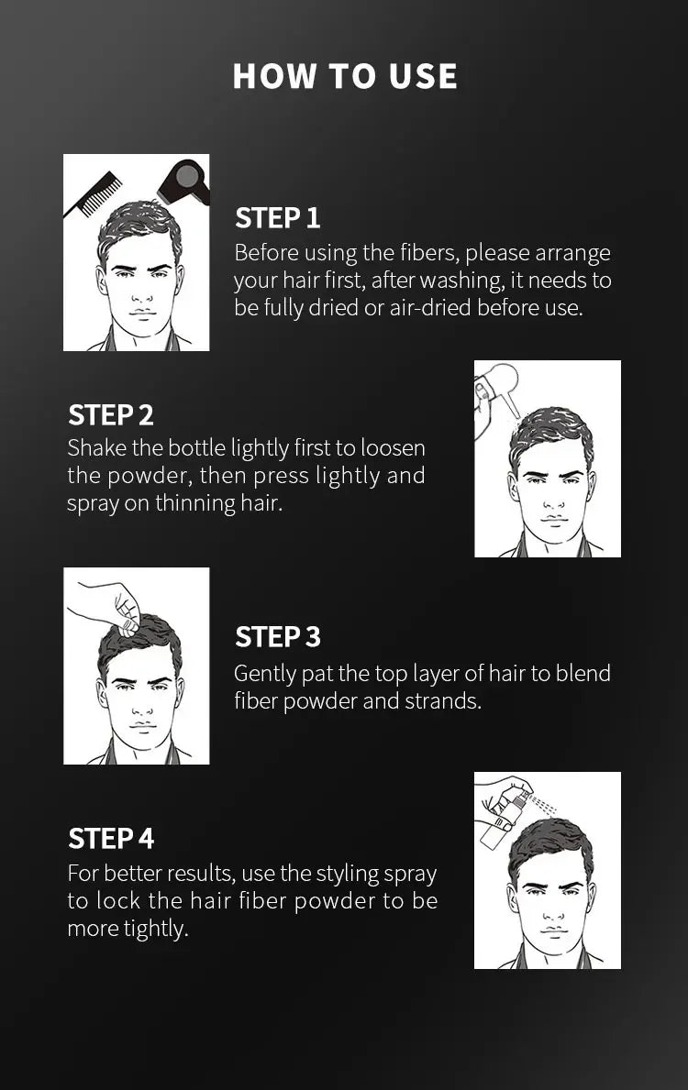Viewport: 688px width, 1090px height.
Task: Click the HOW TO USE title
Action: pyautogui.click(x=345, y=76)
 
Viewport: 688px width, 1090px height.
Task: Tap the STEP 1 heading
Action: pyautogui.click(x=277, y=218)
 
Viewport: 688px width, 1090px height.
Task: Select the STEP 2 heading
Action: pyautogui.click(x=110, y=415)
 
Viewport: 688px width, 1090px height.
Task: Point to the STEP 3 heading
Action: pyautogui.click(x=277, y=637)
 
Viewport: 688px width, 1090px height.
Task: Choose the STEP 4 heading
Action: pyautogui.click(x=110, y=839)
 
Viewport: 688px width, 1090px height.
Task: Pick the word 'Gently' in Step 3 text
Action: pyautogui.click(x=264, y=674)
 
